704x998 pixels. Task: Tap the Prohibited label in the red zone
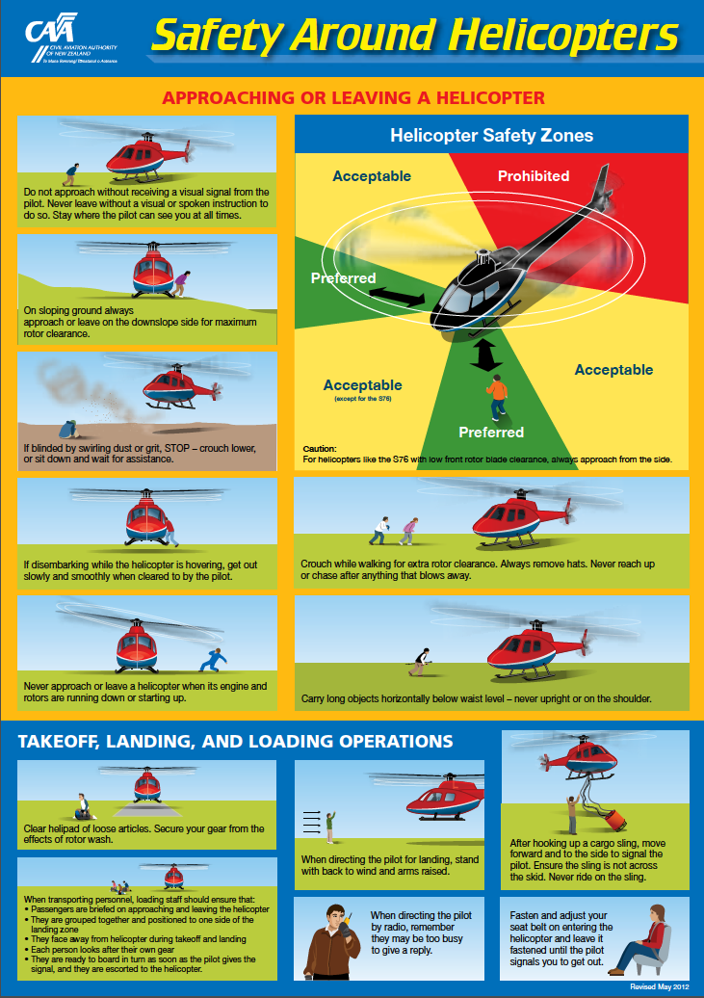click(x=533, y=176)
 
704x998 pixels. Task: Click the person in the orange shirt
click(x=496, y=396)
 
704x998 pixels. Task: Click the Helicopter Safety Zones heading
click(x=491, y=136)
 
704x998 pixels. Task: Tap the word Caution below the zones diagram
click(x=319, y=449)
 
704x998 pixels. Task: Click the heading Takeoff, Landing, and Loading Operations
click(x=236, y=742)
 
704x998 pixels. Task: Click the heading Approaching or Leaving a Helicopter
click(x=352, y=97)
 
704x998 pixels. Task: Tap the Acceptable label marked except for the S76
click(x=362, y=386)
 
